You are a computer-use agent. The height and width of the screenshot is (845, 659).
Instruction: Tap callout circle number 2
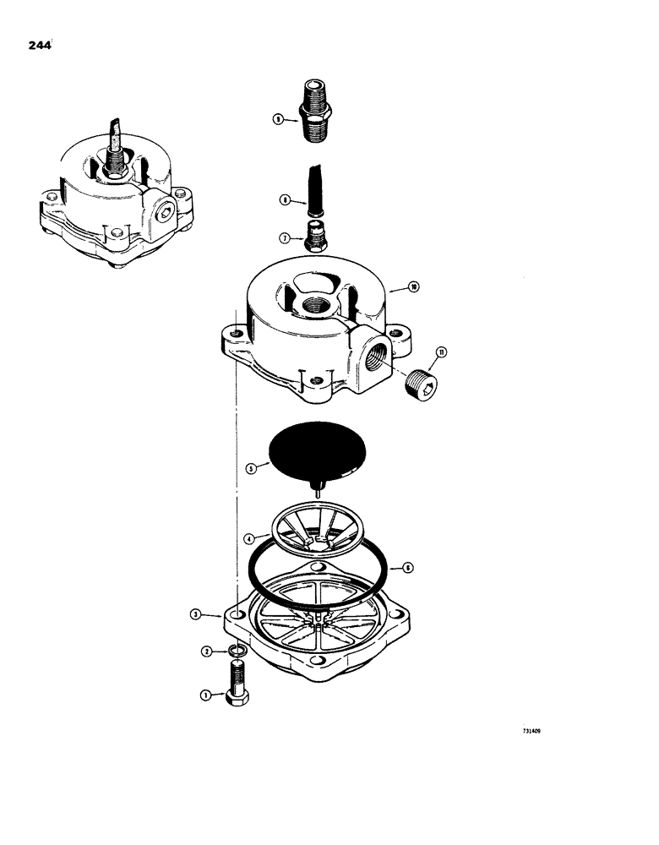point(205,651)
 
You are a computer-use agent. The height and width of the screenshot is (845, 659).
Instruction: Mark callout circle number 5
point(250,466)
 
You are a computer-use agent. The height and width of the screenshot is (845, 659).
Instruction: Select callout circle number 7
point(286,239)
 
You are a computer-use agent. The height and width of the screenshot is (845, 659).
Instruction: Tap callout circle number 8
point(286,199)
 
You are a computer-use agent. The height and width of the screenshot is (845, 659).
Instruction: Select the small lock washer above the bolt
point(236,651)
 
